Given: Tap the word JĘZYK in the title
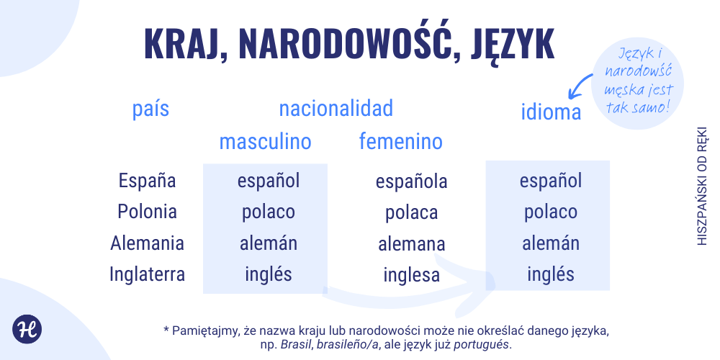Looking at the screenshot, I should click(513, 44).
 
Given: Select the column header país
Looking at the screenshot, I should click(151, 109).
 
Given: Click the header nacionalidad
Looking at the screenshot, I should click(336, 109).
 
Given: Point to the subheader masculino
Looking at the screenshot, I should click(266, 142).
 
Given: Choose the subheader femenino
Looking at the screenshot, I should click(401, 142).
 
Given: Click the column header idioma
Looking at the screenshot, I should click(551, 113).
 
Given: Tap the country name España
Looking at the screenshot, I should click(148, 181).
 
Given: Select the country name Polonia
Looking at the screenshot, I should click(148, 212).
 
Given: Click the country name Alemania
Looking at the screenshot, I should click(148, 243).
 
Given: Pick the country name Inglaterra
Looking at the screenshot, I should click(148, 274).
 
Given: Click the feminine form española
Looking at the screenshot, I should click(411, 181).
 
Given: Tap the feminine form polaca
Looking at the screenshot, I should click(411, 213).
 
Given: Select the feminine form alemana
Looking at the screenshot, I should click(411, 244).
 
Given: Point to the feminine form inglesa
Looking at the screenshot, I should click(411, 275).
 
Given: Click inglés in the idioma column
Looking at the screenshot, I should click(551, 274).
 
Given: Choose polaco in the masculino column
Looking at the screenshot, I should click(268, 212).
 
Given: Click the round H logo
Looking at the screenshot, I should click(27, 328).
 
